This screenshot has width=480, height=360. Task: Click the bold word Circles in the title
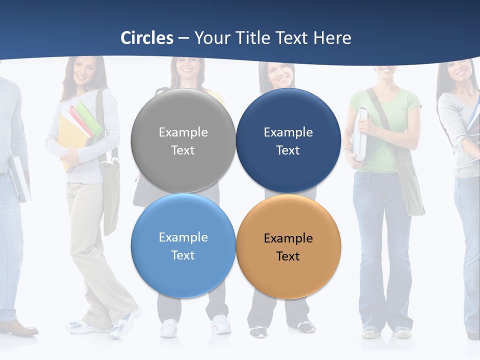coord(147,38)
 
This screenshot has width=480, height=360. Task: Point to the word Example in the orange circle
coord(288,238)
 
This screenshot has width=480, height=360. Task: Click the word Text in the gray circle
coord(183,150)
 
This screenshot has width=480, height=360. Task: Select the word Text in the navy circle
coord(288,150)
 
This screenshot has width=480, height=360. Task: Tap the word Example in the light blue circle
coord(183,237)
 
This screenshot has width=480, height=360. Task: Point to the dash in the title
coord(183,38)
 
